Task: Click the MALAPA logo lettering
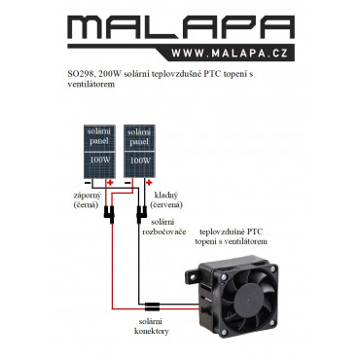coord(181,28)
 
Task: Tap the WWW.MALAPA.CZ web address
coord(230,54)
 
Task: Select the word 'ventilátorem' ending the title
coord(91,84)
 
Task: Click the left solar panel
coord(99,151)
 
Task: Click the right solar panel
coord(139,151)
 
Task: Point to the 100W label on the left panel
coord(100,160)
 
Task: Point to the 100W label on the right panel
coord(140,161)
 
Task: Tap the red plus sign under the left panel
coord(110,183)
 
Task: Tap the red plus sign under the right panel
coord(149,183)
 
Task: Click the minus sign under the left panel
coord(88,183)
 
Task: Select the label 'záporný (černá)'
coord(87,200)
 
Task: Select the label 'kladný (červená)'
coord(166,200)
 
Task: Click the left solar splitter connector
coord(109,214)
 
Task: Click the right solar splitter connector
coord(141,214)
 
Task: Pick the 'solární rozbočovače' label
coord(164,227)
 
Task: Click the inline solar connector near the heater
coord(152,306)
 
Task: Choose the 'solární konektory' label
coord(151,327)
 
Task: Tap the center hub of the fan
coord(248,299)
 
